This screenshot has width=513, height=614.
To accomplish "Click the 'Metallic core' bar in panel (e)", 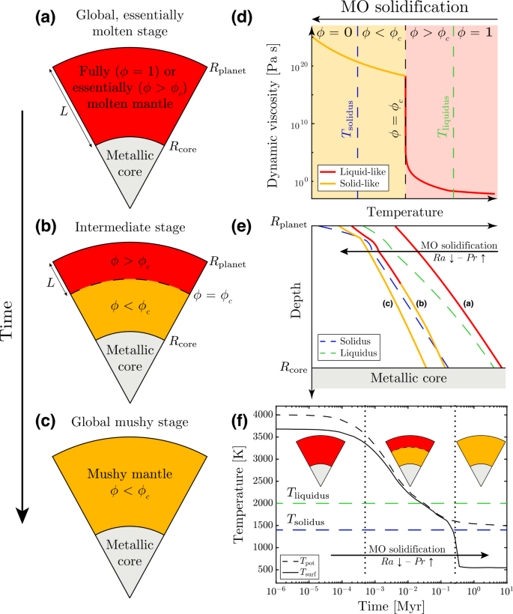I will [x=408, y=378].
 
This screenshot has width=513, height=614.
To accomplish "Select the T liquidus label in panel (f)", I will [x=309, y=492].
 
